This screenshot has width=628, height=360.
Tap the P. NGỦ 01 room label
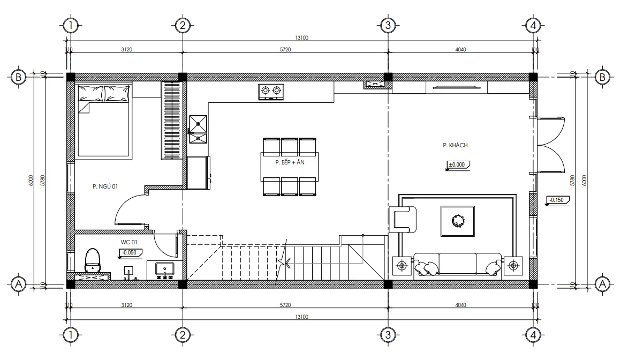point(104,186)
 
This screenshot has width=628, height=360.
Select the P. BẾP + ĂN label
point(289,162)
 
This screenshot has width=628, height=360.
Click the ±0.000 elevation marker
point(457,164)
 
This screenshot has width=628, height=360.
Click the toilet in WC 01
point(93,260)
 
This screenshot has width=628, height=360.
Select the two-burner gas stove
point(271,92)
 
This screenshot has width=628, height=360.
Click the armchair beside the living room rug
point(403,220)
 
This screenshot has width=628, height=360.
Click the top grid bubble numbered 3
point(388,25)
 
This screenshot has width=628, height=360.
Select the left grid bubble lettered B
point(19,77)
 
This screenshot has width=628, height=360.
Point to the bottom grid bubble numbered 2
point(183,335)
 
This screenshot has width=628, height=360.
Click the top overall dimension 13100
point(302,38)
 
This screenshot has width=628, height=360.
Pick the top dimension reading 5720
point(285,49)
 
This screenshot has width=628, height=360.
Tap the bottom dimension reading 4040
point(460,305)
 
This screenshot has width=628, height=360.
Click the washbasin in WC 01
point(163,268)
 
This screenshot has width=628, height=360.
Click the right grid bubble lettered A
point(603,283)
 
